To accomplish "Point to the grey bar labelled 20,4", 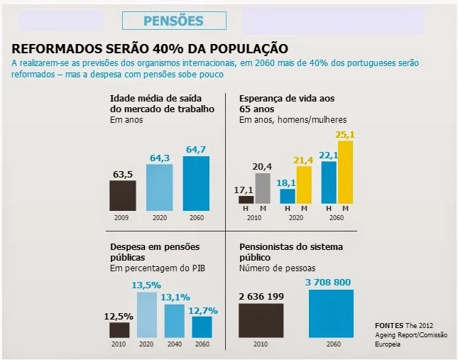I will (261, 189).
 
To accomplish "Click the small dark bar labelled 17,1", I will (246, 200).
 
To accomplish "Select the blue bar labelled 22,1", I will (328, 182).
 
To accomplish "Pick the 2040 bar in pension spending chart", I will (175, 321).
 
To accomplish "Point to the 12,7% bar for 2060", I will (202, 327).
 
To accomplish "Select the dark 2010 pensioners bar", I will (261, 320).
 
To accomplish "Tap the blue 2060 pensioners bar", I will (336, 314).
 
